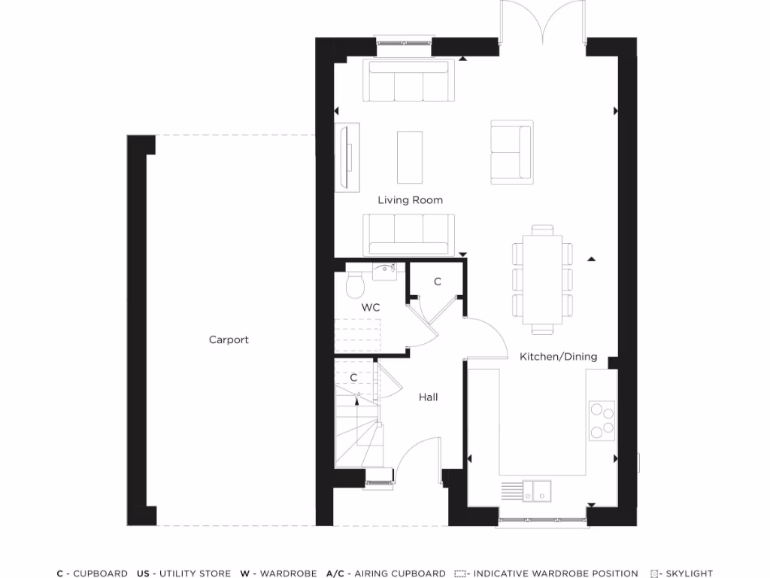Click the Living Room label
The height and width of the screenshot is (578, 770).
point(410,200)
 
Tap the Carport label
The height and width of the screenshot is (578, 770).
point(229,340)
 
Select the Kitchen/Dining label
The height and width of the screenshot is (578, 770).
point(558,357)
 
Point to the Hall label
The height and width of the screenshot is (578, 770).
point(428,397)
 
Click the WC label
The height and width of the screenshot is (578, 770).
point(370,308)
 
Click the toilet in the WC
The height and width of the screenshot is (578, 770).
point(355,284)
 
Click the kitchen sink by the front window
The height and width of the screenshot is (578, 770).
point(537,490)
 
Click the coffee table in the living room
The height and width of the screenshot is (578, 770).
point(410,157)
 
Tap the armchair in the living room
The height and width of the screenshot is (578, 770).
point(511,152)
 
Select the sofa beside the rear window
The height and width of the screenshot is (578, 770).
point(408,81)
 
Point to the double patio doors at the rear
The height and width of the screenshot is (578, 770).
point(542,23)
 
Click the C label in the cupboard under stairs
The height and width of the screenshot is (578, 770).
point(353,378)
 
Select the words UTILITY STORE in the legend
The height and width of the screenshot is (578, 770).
point(192,573)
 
